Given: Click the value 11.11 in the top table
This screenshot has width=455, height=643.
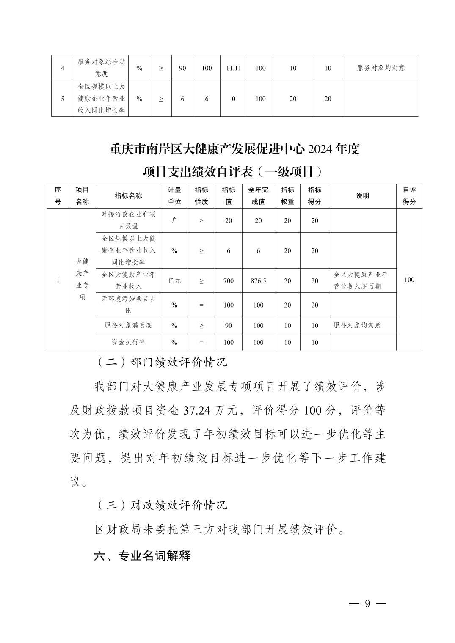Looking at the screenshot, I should point(234,68).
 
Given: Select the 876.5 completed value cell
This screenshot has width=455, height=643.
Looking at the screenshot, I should point(258,280).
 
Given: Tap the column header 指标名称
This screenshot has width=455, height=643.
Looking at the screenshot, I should point(128,196).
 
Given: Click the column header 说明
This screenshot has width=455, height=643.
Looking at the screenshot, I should point(362,196).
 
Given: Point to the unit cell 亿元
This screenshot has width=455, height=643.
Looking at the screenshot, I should point(174,280).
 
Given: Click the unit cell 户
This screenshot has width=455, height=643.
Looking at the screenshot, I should point(174,220).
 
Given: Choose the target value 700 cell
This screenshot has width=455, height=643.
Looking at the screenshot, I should point(229,280).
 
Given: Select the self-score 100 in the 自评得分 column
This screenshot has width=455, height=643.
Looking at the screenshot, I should point(409,280).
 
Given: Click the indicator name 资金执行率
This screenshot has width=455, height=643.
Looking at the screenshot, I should point(128,342).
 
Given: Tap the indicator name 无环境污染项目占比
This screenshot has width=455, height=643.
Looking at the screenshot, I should point(128,305).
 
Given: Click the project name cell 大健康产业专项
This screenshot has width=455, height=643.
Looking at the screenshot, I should point(82,279).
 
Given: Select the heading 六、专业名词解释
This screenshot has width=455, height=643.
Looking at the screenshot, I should point(142,555).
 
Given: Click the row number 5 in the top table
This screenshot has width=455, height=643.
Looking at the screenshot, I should point(63,99).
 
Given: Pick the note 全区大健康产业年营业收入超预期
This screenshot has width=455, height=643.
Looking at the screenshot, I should point(361,280).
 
